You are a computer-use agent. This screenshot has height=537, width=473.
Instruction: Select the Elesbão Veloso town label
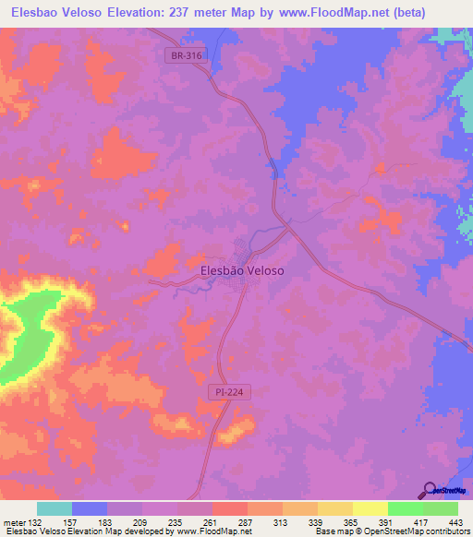pos(242,270)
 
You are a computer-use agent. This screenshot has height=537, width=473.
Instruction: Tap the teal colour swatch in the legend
pos(55,509)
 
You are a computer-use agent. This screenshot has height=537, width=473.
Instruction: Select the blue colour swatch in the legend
pos(90,509)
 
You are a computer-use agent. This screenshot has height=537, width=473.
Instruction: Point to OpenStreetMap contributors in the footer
pos(415,531)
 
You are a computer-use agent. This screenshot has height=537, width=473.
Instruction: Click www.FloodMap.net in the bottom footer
pos(212,531)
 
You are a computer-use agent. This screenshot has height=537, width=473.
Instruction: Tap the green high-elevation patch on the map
pos(28,332)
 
